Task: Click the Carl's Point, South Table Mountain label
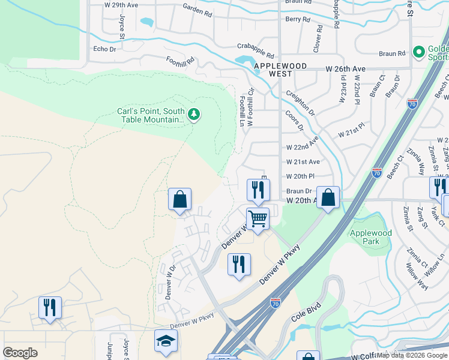[x=151, y=115]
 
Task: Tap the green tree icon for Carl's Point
[x=193, y=114]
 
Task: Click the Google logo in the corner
[x=20, y=353]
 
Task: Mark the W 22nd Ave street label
[x=303, y=147]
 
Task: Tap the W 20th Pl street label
[x=300, y=176]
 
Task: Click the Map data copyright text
[x=412, y=355]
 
